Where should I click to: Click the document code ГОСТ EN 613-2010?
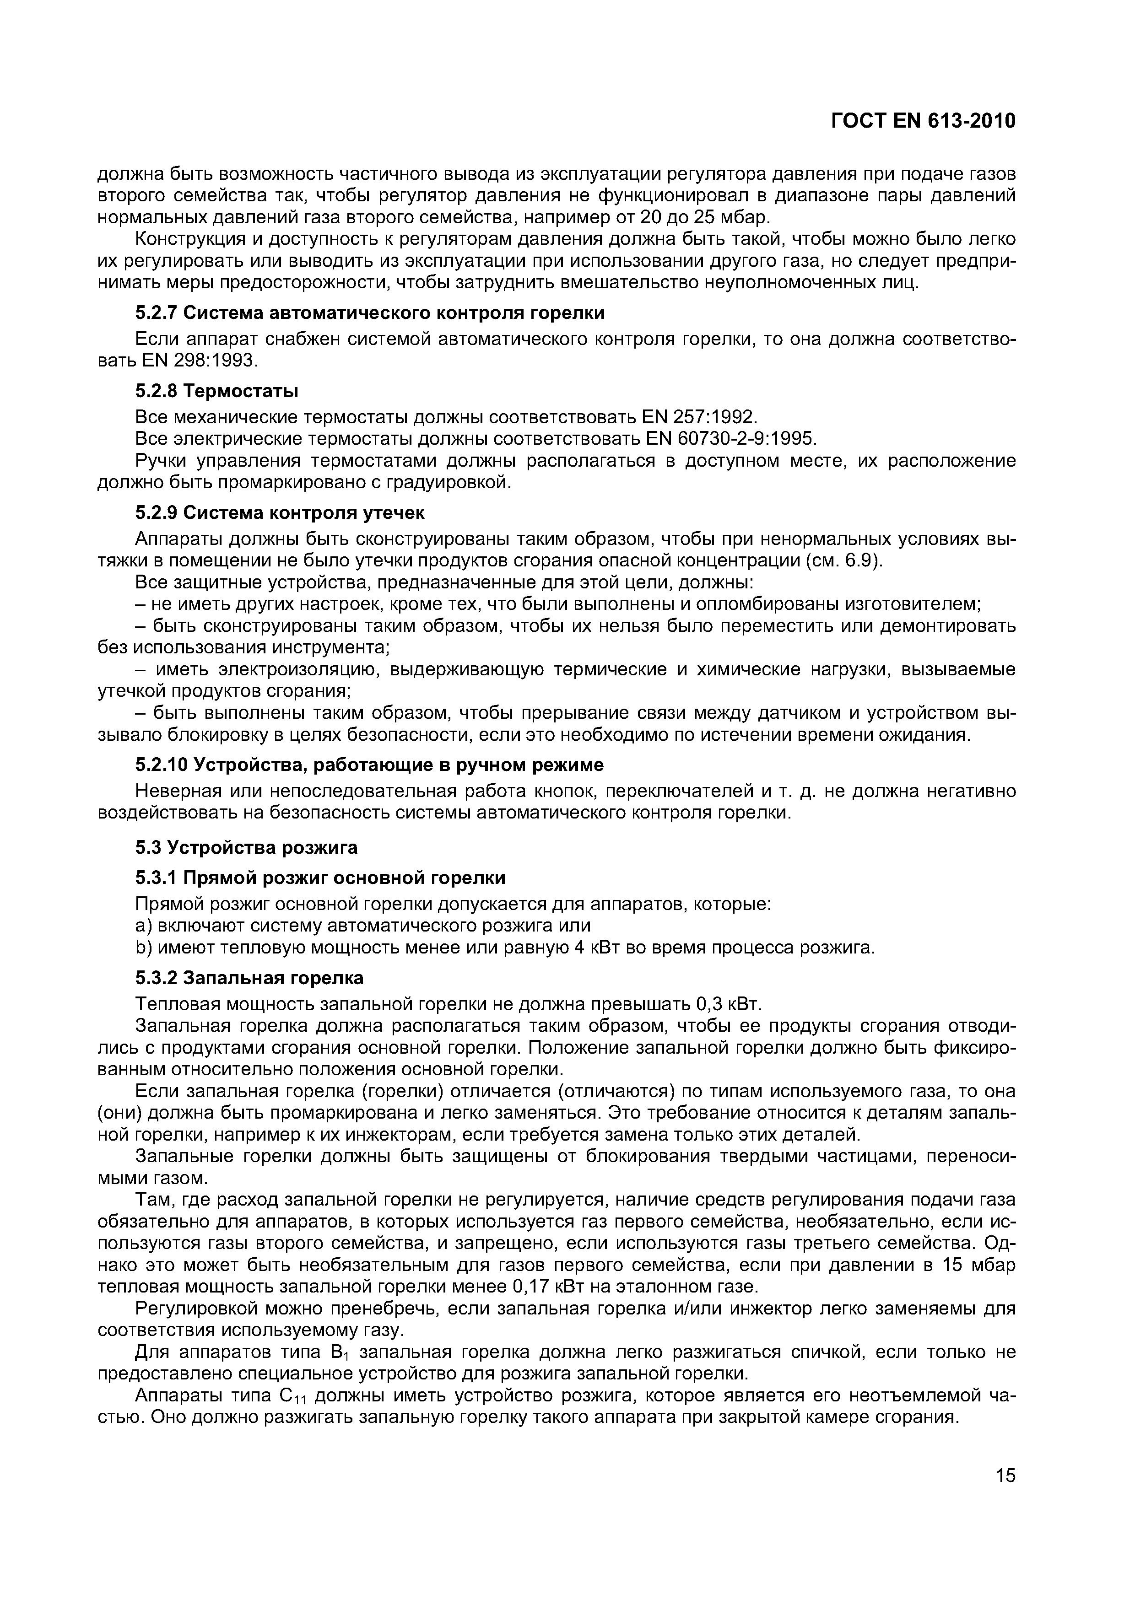click(922, 121)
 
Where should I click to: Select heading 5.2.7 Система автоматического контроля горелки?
click(370, 312)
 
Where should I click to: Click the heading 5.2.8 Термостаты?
click(217, 390)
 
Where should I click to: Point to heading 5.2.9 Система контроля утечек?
click(280, 512)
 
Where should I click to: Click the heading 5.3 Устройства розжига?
click(246, 847)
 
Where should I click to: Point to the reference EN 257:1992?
click(699, 417)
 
